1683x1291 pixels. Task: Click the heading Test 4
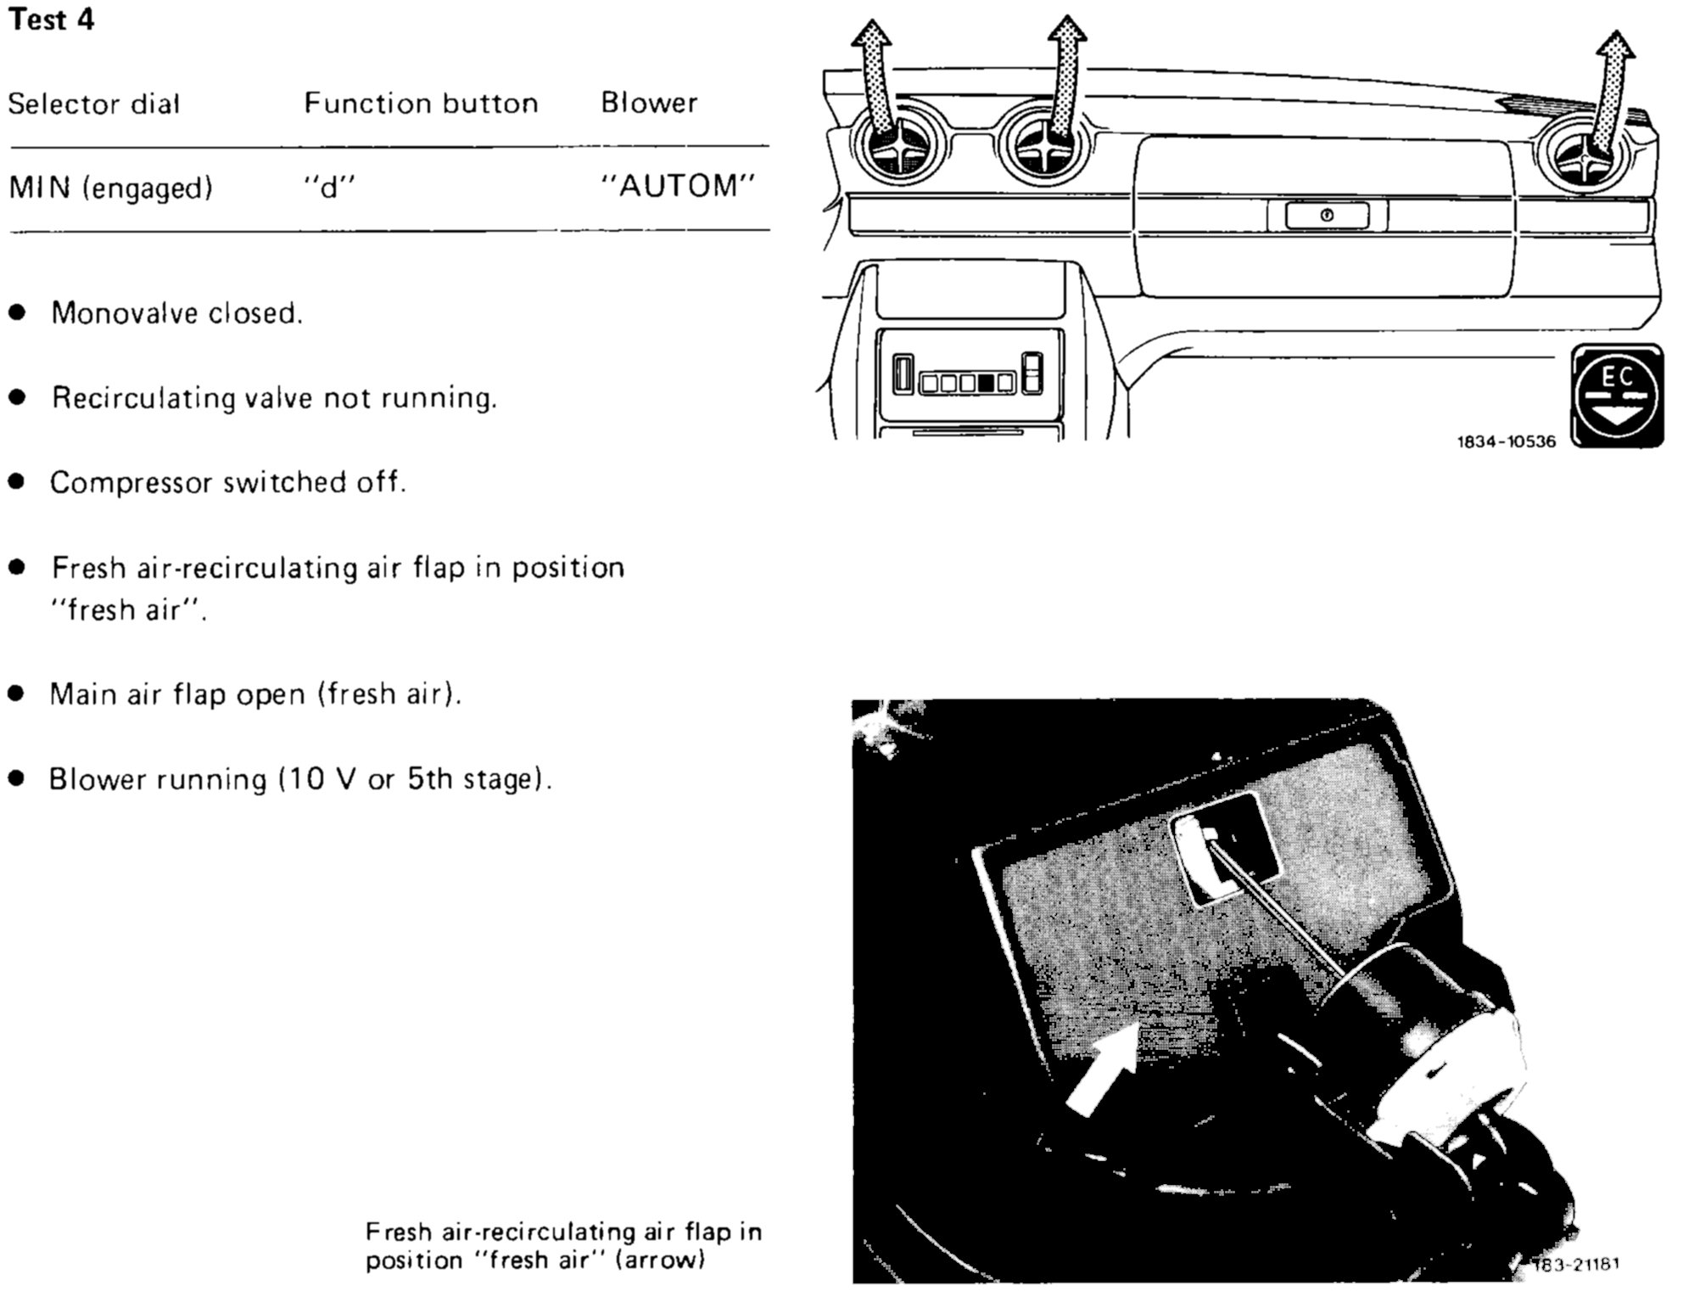(x=51, y=20)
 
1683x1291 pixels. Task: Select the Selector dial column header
(x=93, y=104)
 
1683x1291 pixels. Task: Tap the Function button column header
(x=421, y=104)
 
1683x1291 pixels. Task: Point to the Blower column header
(x=649, y=103)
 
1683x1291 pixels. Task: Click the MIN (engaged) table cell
(x=110, y=188)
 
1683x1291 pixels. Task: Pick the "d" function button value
(x=329, y=187)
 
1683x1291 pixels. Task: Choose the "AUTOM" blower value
(x=678, y=186)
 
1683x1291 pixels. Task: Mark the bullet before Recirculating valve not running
(x=17, y=397)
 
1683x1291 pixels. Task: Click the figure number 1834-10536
(x=1506, y=441)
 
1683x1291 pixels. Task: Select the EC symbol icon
(x=1616, y=396)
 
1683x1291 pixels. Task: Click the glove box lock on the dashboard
(x=1327, y=216)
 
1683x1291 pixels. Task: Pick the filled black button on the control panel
(x=985, y=383)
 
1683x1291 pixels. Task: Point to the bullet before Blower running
(x=17, y=778)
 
